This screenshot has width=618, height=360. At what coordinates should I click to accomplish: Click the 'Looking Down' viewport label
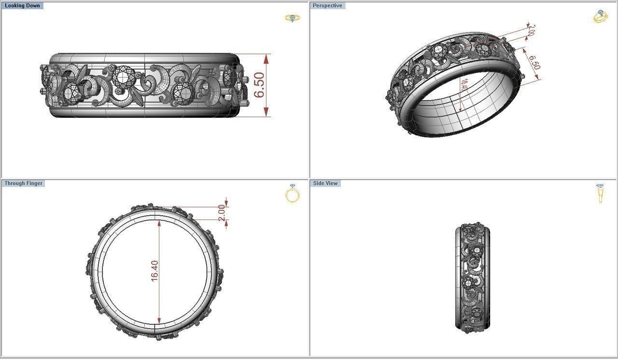22,6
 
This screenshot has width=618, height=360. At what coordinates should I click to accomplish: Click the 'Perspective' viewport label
327,6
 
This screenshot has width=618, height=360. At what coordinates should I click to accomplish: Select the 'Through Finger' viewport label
24,183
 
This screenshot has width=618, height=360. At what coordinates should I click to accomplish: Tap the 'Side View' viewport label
325,183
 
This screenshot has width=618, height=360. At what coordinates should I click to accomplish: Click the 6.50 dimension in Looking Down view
259,85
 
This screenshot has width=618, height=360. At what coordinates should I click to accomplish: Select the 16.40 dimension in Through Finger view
154,271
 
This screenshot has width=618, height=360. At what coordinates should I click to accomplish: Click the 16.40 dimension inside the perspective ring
464,85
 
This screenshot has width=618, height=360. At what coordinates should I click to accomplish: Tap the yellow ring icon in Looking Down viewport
292,18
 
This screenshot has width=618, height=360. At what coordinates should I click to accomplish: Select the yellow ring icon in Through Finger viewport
292,194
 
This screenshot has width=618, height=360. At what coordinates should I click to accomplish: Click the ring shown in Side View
472,278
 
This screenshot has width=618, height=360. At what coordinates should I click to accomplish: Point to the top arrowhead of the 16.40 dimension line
158,222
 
